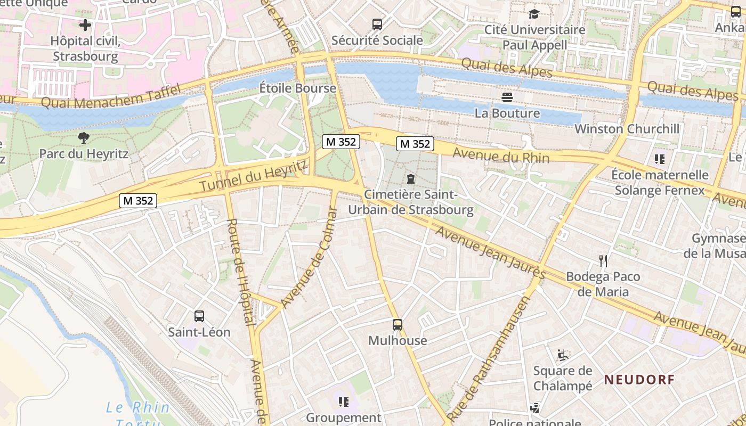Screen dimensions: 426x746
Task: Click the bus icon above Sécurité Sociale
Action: click(377, 24)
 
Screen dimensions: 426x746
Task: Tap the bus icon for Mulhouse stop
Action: click(398, 324)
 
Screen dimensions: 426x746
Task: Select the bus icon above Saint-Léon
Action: click(199, 316)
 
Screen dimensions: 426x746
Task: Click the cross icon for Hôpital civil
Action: click(85, 25)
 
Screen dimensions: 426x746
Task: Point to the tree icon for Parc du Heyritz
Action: click(84, 138)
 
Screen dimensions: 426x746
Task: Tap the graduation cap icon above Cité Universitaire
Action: click(534, 14)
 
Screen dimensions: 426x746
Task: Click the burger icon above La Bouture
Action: click(507, 97)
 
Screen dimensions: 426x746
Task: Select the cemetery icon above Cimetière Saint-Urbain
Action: click(411, 178)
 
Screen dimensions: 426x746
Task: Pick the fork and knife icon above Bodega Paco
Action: click(603, 260)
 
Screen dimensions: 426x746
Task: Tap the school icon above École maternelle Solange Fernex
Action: click(660, 159)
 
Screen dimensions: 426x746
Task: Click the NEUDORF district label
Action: click(639, 380)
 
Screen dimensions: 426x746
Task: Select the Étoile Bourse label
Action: click(298, 88)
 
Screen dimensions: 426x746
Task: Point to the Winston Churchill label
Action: click(627, 129)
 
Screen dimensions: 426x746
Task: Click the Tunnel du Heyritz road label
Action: click(254, 176)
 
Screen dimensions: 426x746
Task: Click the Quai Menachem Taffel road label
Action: click(111, 96)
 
